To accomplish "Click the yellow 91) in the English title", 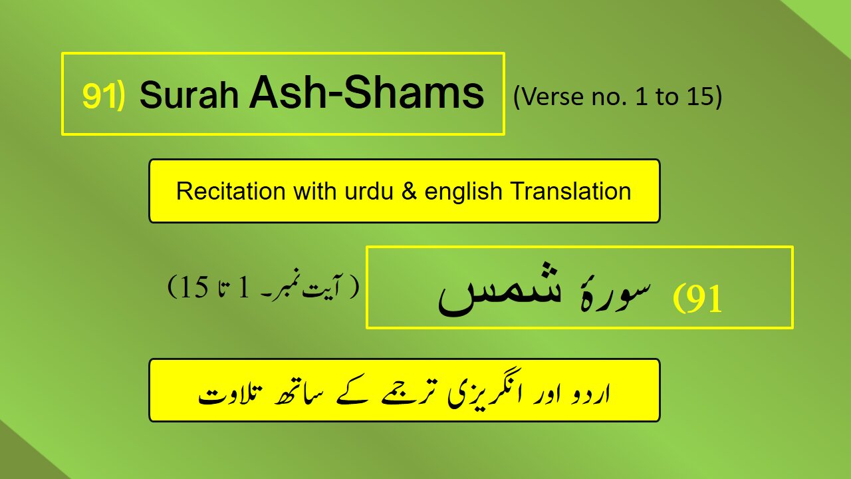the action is pyautogui.click(x=103, y=96).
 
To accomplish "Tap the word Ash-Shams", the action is pyautogui.click(x=366, y=92).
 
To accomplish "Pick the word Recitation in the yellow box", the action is pyautogui.click(x=231, y=191).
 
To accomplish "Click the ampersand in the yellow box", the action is pyautogui.click(x=409, y=191).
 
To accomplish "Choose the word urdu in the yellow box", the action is pyautogui.click(x=368, y=191).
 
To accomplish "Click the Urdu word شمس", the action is pyautogui.click(x=499, y=289).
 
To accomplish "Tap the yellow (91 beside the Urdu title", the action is pyautogui.click(x=697, y=299).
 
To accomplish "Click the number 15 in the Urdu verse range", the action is pyautogui.click(x=194, y=287).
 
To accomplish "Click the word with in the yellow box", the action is pyautogui.click(x=314, y=191).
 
